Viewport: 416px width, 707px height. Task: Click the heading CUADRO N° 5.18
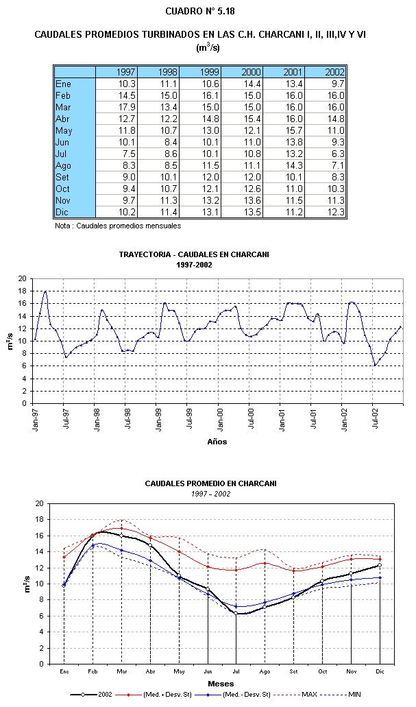(200, 11)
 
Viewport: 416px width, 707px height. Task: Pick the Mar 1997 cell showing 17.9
(117, 107)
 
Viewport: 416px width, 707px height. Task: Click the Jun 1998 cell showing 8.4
(158, 143)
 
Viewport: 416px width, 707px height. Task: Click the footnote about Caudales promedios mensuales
(118, 226)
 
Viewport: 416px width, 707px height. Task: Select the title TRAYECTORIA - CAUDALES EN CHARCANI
(194, 254)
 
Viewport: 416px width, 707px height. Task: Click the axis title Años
(217, 442)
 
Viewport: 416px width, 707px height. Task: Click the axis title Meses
(221, 684)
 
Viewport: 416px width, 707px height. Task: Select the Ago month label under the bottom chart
(265, 671)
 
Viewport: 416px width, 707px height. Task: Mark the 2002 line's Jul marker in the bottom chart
(236, 613)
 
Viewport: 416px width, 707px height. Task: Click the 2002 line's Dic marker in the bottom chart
(380, 565)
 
